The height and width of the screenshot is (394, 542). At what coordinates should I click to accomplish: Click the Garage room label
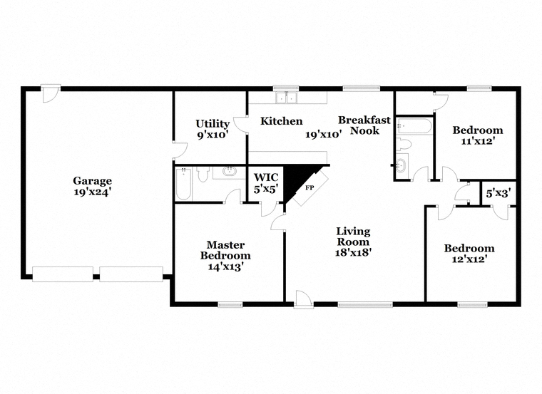92,180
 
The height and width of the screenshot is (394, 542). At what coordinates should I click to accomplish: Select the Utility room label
213,123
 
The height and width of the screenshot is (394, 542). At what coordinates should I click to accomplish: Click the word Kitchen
281,121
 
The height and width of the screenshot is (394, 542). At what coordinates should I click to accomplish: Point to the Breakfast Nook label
364,125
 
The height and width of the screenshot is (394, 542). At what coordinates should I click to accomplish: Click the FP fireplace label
310,187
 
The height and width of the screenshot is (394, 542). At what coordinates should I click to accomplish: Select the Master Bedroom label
225,250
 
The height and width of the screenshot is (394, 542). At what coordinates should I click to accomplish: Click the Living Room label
353,236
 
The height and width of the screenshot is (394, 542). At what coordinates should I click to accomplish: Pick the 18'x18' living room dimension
354,252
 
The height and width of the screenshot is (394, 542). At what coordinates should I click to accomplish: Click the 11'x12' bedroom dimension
477,141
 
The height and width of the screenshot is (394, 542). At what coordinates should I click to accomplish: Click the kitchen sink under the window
287,98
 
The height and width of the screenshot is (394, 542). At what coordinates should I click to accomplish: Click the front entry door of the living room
302,299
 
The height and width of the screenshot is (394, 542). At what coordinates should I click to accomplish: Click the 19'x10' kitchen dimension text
324,134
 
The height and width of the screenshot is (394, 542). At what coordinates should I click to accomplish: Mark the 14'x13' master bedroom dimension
225,266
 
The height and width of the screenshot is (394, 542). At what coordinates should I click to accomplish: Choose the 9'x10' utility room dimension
212,134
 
